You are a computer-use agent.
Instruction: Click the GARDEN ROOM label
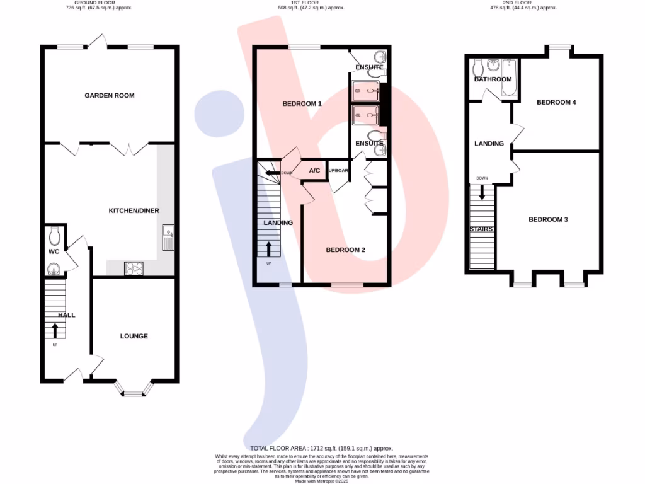(110, 96)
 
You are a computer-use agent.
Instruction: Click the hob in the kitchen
(134, 268)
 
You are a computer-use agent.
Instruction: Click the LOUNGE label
(134, 336)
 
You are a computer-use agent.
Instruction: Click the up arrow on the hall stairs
(55, 330)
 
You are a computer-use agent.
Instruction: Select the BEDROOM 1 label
(302, 104)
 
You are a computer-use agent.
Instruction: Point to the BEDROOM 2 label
(345, 250)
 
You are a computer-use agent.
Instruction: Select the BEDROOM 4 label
(556, 102)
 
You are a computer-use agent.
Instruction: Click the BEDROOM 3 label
(548, 219)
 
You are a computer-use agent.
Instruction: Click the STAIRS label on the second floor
(481, 229)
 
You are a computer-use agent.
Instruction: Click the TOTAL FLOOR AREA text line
(322, 448)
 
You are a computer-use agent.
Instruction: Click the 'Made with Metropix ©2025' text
(322, 481)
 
